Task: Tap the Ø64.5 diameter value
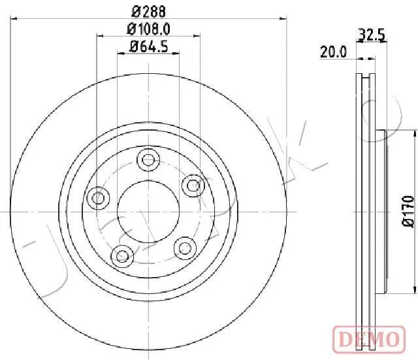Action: (x=148, y=46)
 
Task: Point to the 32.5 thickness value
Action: (x=370, y=35)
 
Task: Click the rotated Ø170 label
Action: (x=408, y=212)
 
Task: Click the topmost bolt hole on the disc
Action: (x=148, y=159)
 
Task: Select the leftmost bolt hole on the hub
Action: (x=99, y=197)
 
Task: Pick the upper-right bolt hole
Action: (x=192, y=186)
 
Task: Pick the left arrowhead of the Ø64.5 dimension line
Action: (x=120, y=54)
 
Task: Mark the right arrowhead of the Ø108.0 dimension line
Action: (x=196, y=37)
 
